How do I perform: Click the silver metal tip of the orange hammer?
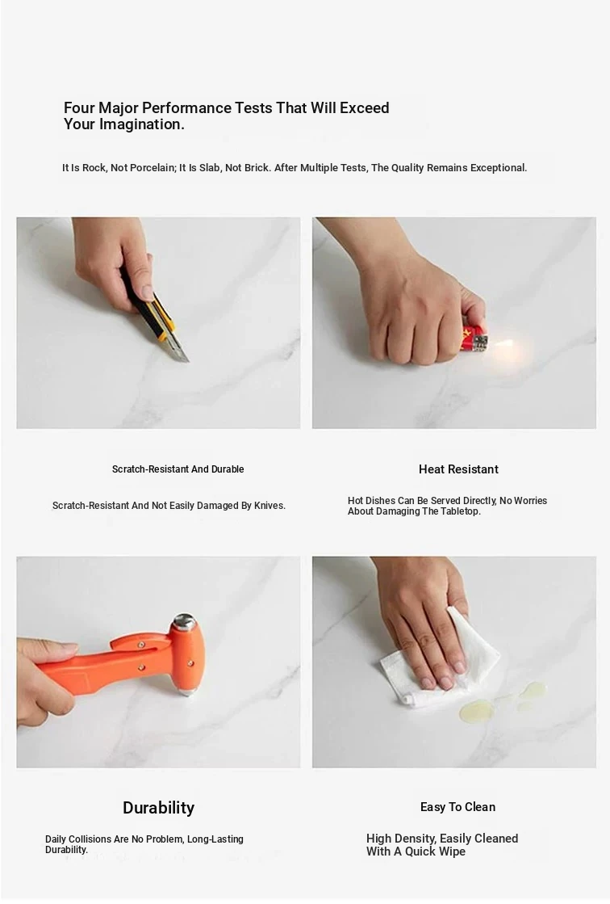pos(184,621)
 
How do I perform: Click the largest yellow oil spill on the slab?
pos(476,710)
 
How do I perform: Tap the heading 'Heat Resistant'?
pos(458,469)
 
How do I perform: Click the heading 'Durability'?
pos(158,808)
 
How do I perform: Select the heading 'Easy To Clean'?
pos(458,807)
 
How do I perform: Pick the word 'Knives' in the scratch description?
pos(269,506)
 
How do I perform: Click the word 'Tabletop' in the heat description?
pos(460,511)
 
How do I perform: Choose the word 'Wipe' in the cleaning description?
pos(453,851)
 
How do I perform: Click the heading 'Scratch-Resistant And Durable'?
pos(178,469)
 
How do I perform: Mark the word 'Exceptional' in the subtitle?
pos(499,168)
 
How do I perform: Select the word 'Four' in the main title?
pos(79,108)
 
